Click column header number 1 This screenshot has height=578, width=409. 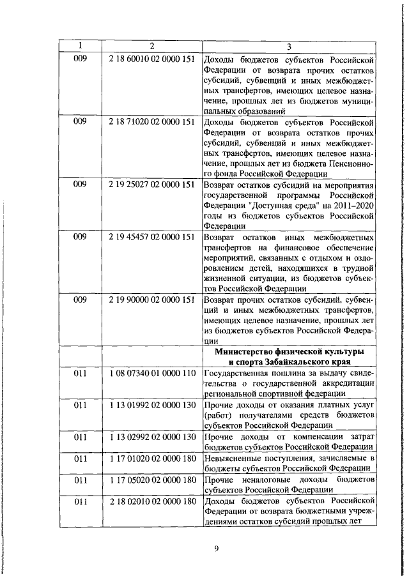pos(81,46)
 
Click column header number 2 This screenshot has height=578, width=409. pos(152,46)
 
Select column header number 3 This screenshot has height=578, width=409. pos(289,46)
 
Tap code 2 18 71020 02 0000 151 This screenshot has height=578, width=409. pos(151,121)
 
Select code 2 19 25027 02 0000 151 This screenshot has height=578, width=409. pos(151,184)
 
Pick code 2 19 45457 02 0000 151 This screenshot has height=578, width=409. pos(151,236)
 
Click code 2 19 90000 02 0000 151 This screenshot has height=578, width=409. pos(151,299)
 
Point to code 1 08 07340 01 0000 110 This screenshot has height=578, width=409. pos(151,372)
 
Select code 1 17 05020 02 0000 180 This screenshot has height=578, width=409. pos(151,479)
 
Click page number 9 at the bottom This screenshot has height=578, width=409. pos(216,547)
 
